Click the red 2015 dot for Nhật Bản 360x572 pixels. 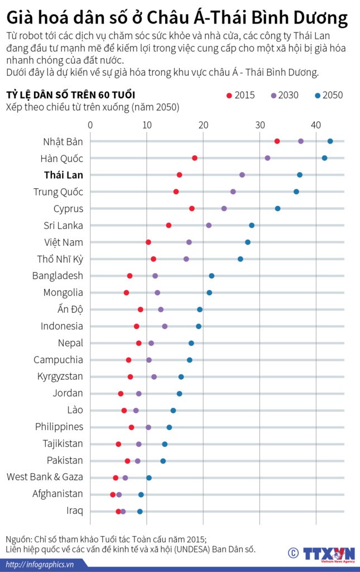tap(277, 141)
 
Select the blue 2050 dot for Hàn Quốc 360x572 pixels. tap(324, 158)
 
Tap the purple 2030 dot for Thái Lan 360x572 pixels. tap(242, 175)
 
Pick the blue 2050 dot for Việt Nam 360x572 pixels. tap(248, 242)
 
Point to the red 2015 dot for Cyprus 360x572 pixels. tap(192, 208)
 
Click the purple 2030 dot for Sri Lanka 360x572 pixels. tap(209, 225)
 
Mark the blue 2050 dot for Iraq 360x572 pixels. tap(140, 511)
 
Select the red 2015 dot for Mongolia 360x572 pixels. tap(126, 293)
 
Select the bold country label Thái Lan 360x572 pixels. tap(64, 175)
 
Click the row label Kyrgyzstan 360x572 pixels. tap(60, 376)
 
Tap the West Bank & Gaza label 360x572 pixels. tap(45, 477)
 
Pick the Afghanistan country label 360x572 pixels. tap(57, 494)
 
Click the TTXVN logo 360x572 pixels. tap(328, 554)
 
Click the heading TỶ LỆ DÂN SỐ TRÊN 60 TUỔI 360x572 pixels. tap(70, 94)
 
